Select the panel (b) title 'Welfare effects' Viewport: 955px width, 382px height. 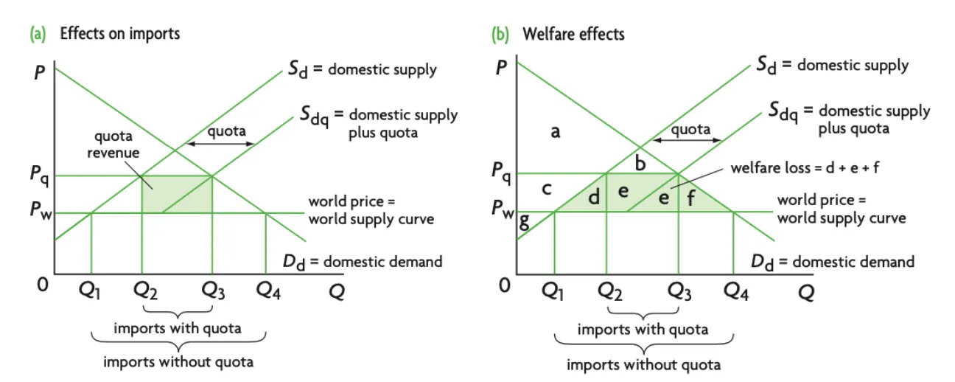pos(573,34)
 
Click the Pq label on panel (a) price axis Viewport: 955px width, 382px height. pos(40,176)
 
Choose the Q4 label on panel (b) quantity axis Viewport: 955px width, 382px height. pos(735,291)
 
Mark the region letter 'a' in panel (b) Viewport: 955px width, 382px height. pos(556,132)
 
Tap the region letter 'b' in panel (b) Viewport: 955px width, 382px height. pos(640,164)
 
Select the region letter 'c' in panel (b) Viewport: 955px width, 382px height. pos(546,189)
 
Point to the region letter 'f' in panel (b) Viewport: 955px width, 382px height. pos(690,197)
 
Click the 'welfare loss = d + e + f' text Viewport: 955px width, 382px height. pos(805,167)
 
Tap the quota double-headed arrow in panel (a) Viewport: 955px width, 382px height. pos(220,144)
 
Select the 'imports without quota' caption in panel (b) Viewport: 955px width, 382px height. pos(643,364)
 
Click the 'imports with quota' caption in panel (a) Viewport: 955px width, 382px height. pos(177,328)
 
